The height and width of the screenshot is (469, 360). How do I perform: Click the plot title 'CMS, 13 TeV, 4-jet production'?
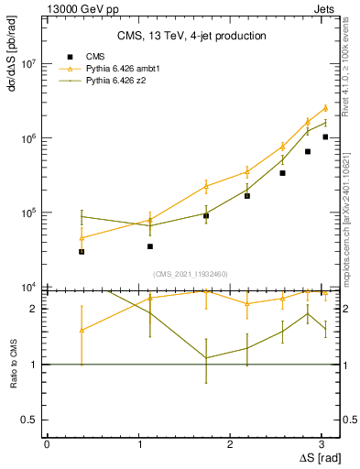191,36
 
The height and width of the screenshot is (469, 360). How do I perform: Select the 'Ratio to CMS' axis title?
14,365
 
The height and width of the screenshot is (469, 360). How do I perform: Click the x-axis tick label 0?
47,443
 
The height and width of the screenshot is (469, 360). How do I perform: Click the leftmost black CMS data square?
82,251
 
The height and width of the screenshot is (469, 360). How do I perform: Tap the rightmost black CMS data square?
325,136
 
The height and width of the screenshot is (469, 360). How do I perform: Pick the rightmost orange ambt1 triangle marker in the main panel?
325,108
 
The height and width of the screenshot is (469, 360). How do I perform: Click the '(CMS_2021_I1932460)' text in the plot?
191,274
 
